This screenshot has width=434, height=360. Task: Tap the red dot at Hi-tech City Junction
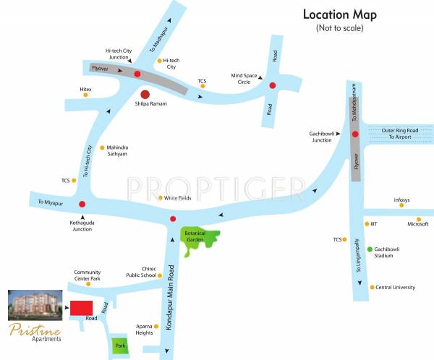[137, 74]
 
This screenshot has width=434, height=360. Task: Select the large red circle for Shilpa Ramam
[145, 94]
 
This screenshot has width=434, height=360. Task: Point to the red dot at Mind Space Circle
[273, 85]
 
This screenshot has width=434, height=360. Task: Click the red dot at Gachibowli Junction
[355, 134]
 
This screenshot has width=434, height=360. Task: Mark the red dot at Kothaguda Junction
[82, 205]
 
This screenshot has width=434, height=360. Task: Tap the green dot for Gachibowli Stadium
[370, 249]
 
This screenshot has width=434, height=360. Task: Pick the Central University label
[396, 288]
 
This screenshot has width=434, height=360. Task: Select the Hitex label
[85, 87]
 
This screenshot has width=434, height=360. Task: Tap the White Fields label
[177, 198]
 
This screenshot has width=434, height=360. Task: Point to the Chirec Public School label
[139, 272]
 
